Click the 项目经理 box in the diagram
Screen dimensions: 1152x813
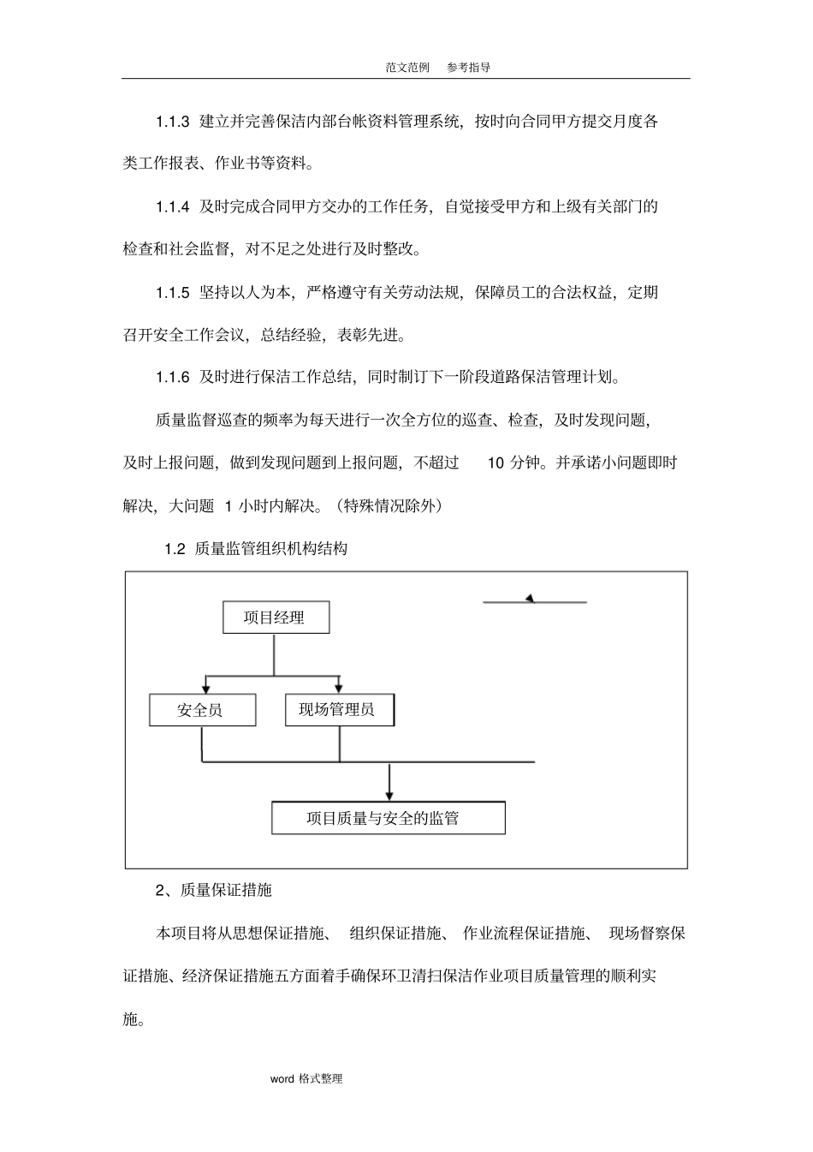pos(276,618)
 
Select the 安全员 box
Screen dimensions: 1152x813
pos(202,710)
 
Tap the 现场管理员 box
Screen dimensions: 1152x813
pos(339,709)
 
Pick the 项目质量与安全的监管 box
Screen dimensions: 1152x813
pos(388,818)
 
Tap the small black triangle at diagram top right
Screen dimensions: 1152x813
pos(531,598)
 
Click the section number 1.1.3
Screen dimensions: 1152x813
pos(172,122)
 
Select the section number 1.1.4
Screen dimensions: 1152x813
pos(172,206)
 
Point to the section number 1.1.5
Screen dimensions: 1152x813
pos(172,293)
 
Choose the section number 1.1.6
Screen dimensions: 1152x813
pos(172,378)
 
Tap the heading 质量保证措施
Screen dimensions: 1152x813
pos(226,891)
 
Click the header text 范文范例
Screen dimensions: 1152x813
pos(407,68)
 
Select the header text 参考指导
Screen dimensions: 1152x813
pos(469,68)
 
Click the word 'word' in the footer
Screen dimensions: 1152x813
pos(282,1079)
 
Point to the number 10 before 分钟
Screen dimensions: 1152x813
pos(496,463)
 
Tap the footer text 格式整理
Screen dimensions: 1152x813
pos(321,1079)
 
